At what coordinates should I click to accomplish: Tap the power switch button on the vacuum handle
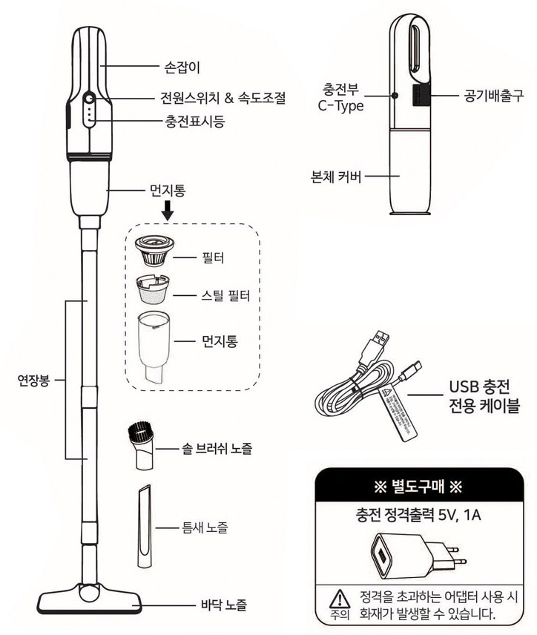[89, 99]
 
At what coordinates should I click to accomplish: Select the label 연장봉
[33, 383]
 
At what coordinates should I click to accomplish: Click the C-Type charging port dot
[395, 95]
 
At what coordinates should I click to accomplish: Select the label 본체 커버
[337, 177]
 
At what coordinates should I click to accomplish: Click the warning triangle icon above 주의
[337, 596]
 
